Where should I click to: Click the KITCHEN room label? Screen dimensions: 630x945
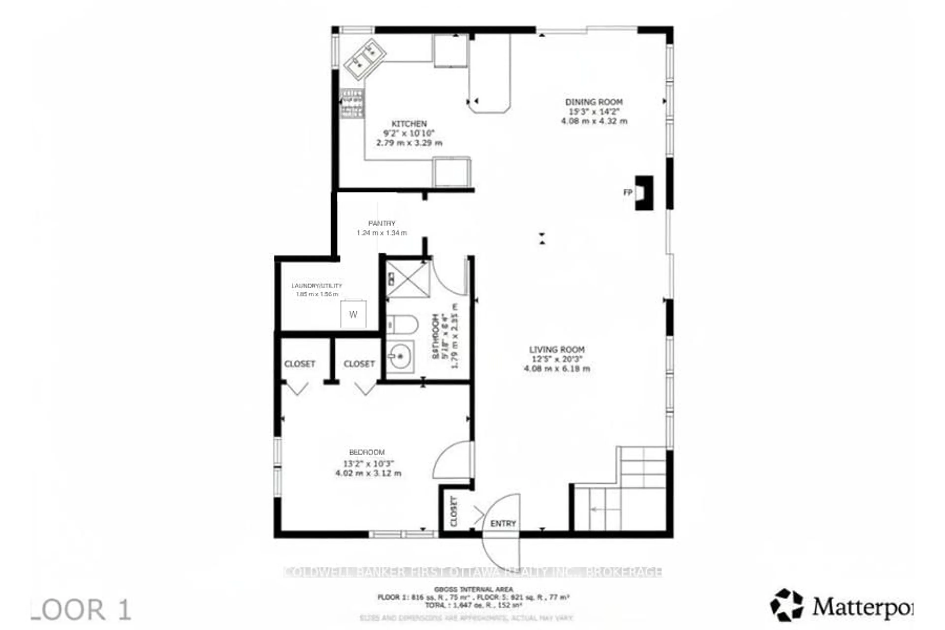[x=409, y=124]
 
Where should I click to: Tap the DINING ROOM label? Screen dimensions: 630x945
[x=594, y=102]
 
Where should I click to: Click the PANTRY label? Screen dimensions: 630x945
[x=382, y=223]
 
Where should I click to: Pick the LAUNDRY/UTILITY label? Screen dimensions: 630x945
[x=317, y=286]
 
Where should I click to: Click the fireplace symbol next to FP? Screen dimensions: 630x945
[x=644, y=193]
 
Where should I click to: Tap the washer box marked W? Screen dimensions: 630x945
[x=353, y=314]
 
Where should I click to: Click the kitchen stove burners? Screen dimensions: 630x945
[x=352, y=104]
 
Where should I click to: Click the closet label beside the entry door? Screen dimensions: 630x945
[x=454, y=511]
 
